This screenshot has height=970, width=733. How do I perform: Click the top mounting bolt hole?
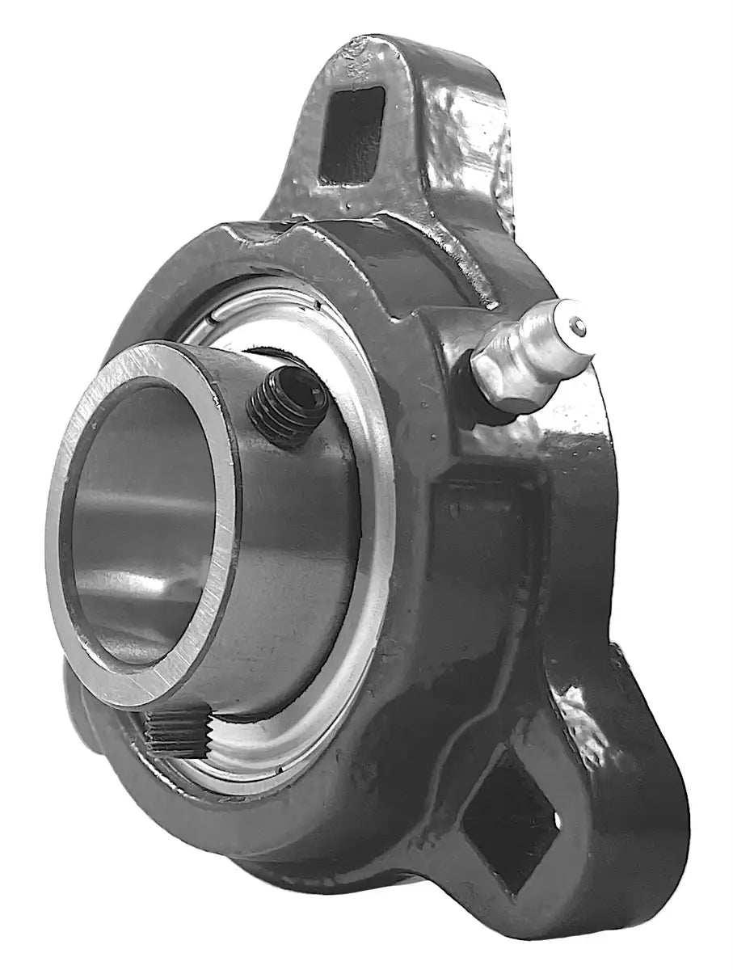pos(350,133)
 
